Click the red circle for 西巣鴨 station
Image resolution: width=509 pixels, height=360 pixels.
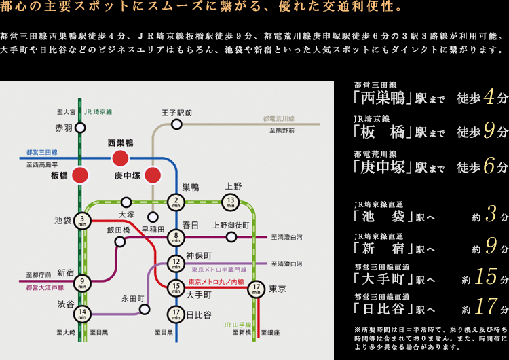click(120, 158)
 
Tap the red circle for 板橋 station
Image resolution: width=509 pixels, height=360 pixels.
click(81, 175)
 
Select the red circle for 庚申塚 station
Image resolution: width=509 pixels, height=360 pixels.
click(153, 175)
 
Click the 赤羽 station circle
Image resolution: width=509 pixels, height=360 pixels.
click(81, 127)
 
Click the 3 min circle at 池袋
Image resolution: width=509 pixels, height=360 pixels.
click(82, 220)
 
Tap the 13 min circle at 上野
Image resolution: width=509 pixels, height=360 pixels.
click(231, 201)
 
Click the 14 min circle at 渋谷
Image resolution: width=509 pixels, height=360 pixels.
click(82, 314)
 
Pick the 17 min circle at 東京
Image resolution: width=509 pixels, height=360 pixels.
click(255, 289)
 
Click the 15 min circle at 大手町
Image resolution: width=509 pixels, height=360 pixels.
click(176, 287)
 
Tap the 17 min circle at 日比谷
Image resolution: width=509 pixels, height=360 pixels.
click(176, 314)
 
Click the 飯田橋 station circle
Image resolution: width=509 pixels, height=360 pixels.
click(120, 241)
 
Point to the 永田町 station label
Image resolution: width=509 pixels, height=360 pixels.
click(133, 298)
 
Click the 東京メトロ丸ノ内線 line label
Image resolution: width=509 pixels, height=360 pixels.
click(216, 281)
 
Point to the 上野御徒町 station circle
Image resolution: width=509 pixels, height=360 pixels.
click(231, 237)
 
